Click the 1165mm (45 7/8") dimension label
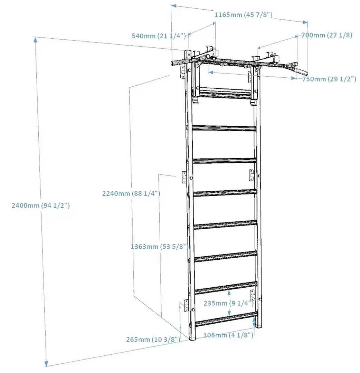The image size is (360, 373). pos(243,15)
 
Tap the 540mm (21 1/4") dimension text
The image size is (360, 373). pos(159,36)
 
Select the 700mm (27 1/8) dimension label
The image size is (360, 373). pos(327,35)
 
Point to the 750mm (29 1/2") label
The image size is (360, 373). pos(329,79)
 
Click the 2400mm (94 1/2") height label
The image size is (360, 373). pos(41,205)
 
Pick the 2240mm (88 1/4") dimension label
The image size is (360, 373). pos(131,193)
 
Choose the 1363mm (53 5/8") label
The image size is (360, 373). pos(158,247)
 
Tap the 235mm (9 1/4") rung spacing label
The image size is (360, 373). pos(229,303)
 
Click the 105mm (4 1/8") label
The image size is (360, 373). pos(228,335)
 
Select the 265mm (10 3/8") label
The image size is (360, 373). pos(153,339)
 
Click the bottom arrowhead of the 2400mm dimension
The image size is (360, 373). pos(46,363)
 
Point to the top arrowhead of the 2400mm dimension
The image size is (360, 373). pos(36,40)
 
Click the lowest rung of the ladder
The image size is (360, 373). pos(226,319)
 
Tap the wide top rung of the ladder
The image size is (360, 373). pos(225,93)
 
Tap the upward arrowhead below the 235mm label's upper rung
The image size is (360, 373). pos(229,294)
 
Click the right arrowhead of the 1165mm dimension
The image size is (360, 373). pos(305,22)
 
